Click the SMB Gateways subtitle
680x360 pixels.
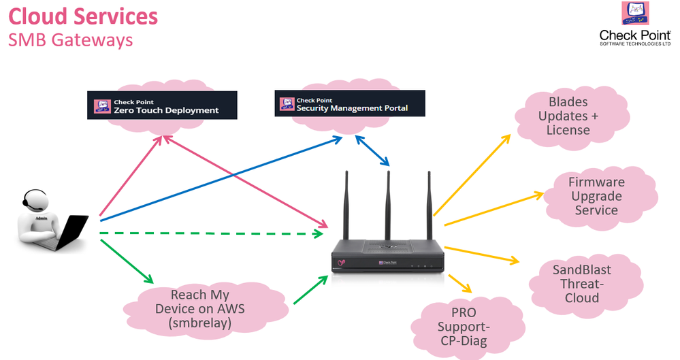pyautogui.click(x=70, y=40)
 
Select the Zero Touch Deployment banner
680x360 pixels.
pyautogui.click(x=161, y=106)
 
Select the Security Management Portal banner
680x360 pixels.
pyautogui.click(x=349, y=104)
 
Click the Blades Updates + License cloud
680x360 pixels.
pyautogui.click(x=568, y=116)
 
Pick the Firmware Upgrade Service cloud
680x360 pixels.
pyautogui.click(x=596, y=196)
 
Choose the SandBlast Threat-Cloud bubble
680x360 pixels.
pyautogui.click(x=581, y=284)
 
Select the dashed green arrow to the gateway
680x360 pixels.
pyautogui.click(x=211, y=233)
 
